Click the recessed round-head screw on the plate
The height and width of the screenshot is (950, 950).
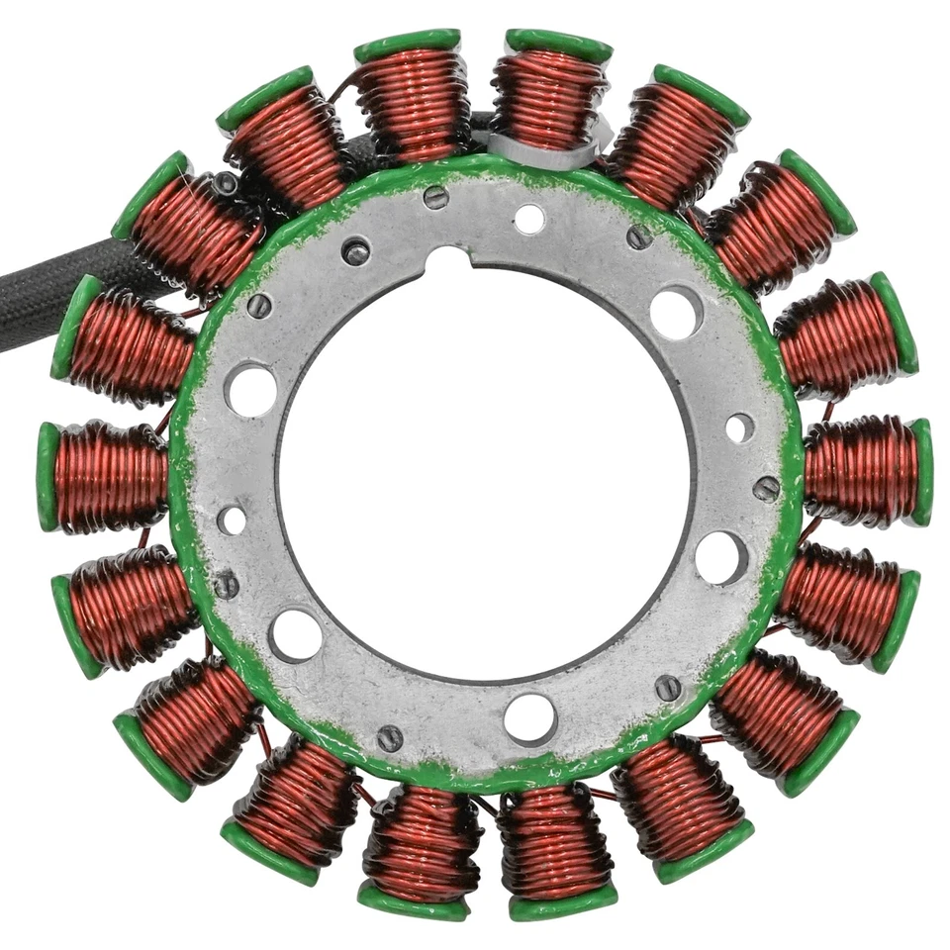356,250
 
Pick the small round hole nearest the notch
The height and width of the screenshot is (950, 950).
528,219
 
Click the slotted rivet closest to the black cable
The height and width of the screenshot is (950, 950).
259,306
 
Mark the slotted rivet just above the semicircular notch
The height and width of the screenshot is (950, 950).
435,197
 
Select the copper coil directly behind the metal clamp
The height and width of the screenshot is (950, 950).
550,95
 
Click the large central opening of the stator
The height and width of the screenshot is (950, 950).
485,475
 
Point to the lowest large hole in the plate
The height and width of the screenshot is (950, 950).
529,717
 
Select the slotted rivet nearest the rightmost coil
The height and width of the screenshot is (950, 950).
767,488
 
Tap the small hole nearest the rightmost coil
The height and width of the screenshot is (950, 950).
739,427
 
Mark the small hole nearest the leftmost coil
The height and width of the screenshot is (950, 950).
232,520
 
